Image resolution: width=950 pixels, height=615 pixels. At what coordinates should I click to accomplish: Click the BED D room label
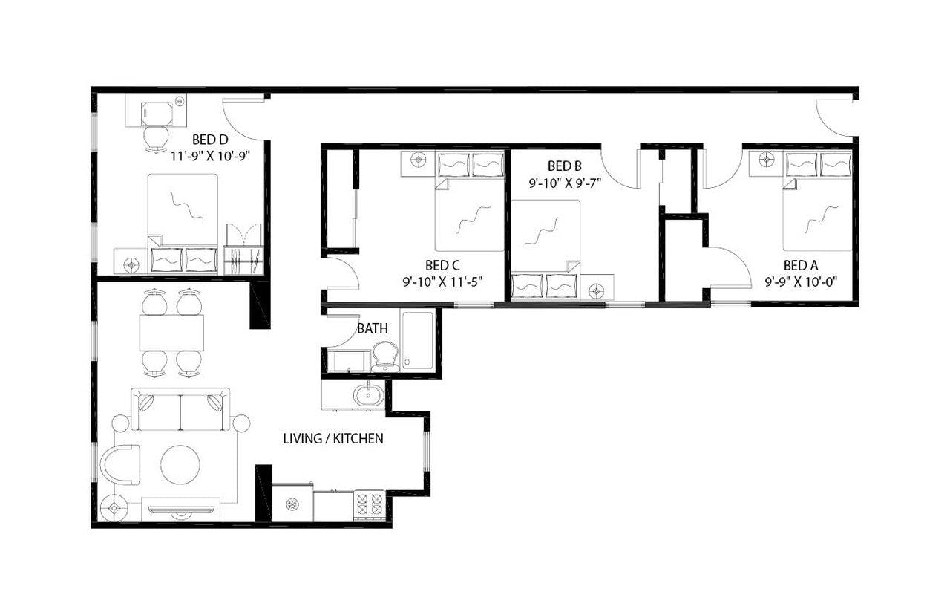209,139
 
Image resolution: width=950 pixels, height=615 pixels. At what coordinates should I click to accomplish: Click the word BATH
373,328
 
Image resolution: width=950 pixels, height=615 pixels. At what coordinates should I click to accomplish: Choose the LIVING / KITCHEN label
333,438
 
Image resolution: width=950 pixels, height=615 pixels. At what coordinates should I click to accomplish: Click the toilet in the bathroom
384,356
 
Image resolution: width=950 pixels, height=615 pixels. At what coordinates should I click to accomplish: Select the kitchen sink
366,395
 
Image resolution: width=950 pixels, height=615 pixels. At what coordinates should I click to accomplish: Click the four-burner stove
369,505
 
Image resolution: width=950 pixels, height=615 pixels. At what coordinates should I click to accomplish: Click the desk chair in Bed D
155,139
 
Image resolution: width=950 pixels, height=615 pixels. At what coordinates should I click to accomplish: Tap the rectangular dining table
171,332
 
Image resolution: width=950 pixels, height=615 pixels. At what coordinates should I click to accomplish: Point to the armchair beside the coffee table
119,465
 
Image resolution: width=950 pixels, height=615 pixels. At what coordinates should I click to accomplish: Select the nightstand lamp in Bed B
597,290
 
